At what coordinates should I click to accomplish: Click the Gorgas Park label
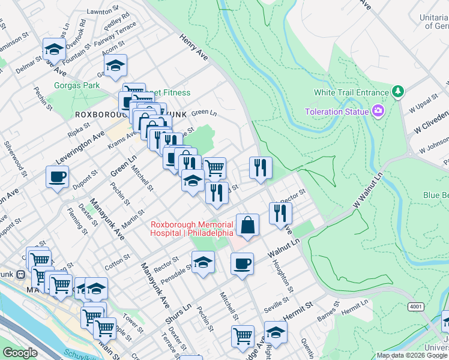tap(76, 86)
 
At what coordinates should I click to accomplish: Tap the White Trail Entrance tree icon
tap(397, 92)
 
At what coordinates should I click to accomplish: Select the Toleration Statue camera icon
tap(378, 111)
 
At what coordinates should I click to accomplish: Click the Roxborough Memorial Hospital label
tap(191, 229)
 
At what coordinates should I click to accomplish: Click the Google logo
tap(20, 353)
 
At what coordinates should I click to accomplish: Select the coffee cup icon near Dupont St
tap(58, 177)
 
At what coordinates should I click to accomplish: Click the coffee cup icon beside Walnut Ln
tap(242, 263)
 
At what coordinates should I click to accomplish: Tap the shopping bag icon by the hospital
tap(247, 226)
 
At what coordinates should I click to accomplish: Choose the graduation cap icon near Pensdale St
tap(203, 262)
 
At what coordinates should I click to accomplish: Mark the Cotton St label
tap(118, 261)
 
